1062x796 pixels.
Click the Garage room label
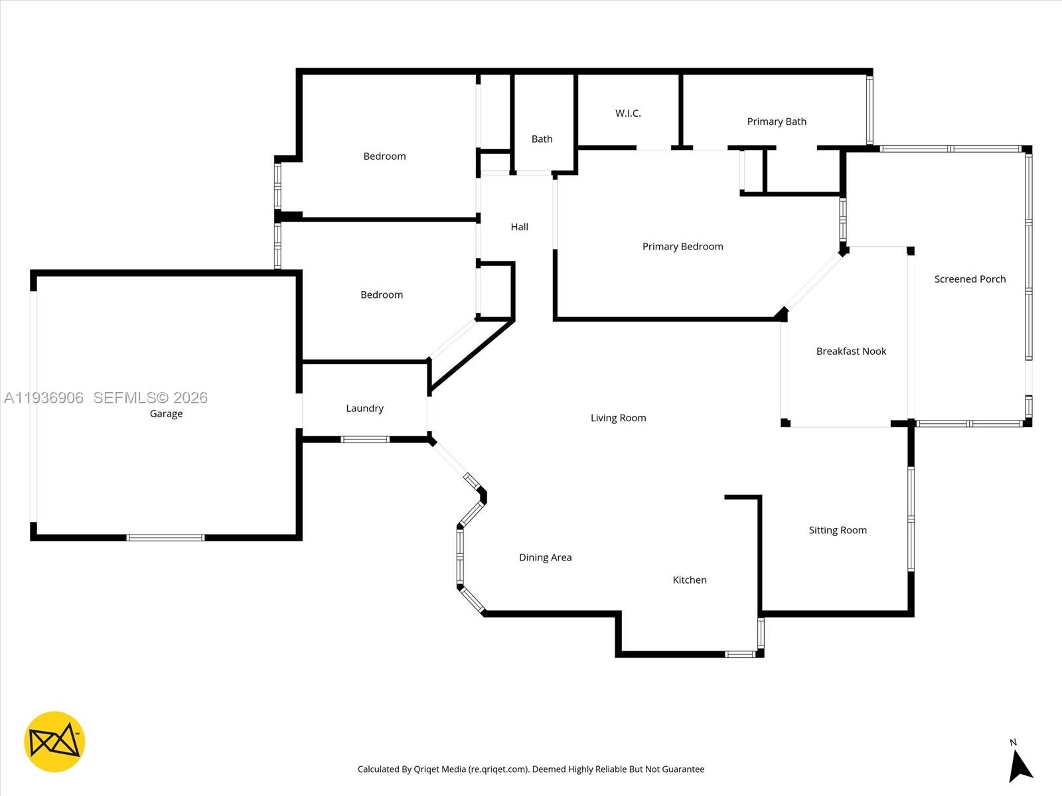coord(166,414)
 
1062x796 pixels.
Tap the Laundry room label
coord(365,409)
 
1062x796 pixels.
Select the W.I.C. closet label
coord(628,113)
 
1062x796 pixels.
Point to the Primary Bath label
coord(777,121)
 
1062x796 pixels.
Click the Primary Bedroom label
coord(683,247)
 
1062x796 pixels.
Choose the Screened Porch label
coord(970,279)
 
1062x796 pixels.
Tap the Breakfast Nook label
coord(851,352)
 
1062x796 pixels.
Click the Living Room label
coord(619,418)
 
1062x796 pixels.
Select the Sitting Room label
coord(838,530)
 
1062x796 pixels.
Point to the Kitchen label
coord(690,580)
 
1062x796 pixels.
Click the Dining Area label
coord(546,558)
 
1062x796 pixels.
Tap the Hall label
coord(519,227)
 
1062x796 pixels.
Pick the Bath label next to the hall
coord(542,139)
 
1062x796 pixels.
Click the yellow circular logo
coord(54,742)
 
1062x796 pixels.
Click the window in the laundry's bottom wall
coord(365,439)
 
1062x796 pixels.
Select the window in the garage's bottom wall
coord(165,537)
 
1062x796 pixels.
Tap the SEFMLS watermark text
coord(150,398)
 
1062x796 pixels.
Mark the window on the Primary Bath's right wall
coord(870,110)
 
